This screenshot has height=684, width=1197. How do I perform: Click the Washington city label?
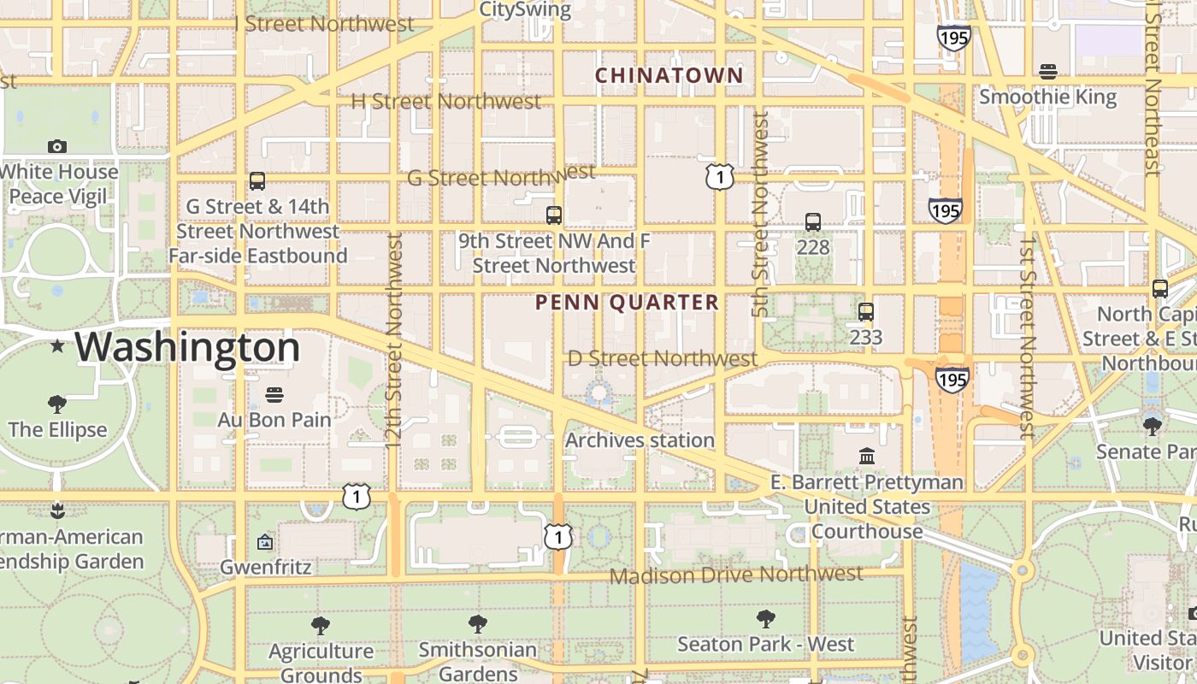coord(186,348)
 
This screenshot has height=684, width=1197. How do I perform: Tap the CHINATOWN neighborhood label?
coord(669,75)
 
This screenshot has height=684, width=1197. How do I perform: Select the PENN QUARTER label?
coord(627,302)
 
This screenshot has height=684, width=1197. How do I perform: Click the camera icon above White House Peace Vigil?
coord(57,146)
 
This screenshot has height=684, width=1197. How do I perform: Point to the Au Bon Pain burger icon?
coord(274,395)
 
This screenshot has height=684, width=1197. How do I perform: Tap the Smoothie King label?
coord(1047,97)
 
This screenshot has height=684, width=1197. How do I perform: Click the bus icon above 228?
coord(813,222)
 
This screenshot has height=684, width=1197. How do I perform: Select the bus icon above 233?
coord(866,312)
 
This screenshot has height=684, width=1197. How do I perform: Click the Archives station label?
coord(640,440)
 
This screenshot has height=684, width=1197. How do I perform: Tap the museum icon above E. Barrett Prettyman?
coord(867,457)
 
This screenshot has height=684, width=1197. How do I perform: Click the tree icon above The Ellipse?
coord(57,404)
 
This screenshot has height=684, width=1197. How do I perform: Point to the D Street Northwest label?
coord(663,358)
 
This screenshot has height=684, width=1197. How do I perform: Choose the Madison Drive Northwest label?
coord(736,575)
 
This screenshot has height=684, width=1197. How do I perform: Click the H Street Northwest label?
coord(446,101)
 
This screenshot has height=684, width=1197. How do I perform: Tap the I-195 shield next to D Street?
coord(952,379)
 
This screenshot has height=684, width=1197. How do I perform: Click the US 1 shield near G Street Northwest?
coord(720,177)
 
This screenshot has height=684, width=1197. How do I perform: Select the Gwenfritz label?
coord(266,567)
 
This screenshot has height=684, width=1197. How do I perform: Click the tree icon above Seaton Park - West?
coord(766,619)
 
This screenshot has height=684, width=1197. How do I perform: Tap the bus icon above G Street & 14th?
coord(257,181)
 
